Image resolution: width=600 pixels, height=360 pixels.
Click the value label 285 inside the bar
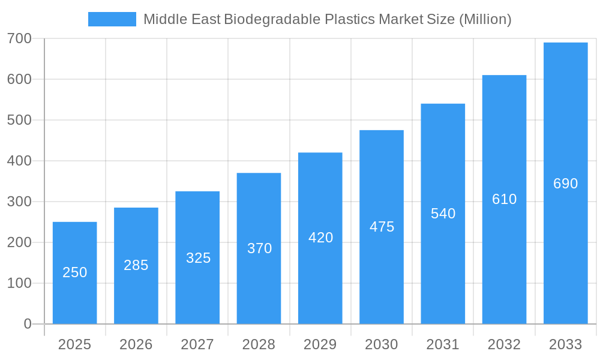[x=136, y=265]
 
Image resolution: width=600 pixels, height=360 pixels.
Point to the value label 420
[x=320, y=238]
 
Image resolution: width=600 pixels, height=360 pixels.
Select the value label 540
[x=443, y=214]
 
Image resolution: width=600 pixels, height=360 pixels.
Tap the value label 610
[x=504, y=199]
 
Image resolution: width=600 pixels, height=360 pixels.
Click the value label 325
[x=198, y=258]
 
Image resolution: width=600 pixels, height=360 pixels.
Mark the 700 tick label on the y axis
[x=19, y=38]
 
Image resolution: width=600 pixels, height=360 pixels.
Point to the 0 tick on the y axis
[x=27, y=324]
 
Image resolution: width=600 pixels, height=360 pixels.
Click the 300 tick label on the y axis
[x=19, y=202]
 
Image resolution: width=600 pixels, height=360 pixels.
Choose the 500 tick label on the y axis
[x=19, y=120]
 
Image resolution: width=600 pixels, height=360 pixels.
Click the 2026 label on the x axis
[x=136, y=344]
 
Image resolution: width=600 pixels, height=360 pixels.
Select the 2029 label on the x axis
[x=320, y=344]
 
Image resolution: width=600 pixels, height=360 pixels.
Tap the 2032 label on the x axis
[x=504, y=344]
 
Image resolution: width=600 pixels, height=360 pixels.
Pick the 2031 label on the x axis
[x=443, y=344]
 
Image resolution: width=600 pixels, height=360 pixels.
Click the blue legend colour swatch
[x=112, y=19]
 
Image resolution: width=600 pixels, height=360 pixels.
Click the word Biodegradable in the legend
[x=272, y=19]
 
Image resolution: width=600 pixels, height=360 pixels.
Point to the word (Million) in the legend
[x=485, y=19]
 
